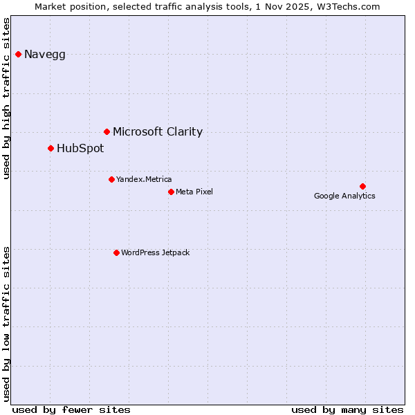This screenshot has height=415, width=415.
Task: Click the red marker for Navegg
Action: (x=18, y=54)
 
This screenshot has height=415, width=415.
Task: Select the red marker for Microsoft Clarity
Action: (x=107, y=131)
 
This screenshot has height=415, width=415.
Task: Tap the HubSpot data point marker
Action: (x=50, y=148)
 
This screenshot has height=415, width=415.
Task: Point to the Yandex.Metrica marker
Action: (x=111, y=179)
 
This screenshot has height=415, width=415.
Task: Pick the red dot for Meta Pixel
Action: (x=171, y=192)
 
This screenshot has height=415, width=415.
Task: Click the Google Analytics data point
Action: (x=362, y=186)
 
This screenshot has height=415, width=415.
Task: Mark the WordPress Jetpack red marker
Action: (x=116, y=252)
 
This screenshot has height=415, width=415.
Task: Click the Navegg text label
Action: (x=45, y=55)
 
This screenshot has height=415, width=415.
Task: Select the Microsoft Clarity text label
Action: (x=158, y=132)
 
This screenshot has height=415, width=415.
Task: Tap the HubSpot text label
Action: (x=80, y=149)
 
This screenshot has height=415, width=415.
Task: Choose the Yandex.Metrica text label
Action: (x=144, y=180)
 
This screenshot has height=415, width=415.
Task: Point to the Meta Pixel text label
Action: (x=194, y=192)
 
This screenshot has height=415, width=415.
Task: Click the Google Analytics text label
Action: (x=344, y=196)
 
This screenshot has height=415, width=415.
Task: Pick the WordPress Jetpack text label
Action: (x=155, y=253)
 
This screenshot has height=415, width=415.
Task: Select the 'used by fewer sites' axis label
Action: (x=71, y=409)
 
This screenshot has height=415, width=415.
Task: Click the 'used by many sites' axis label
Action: (x=347, y=409)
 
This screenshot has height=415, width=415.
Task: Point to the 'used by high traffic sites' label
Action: (x=7, y=98)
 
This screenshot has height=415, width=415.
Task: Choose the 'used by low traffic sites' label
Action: (x=7, y=322)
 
